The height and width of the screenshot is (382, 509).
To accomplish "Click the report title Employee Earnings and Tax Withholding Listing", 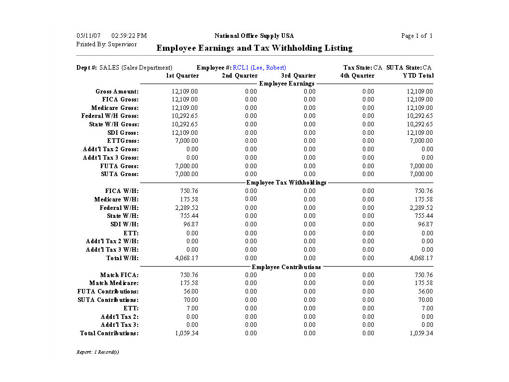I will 254,48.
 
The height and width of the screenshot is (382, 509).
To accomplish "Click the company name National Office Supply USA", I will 254,36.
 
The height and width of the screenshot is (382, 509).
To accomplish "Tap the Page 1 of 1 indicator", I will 417,36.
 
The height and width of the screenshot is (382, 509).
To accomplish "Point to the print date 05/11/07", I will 88,36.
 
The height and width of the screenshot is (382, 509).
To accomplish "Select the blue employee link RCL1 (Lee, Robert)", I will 259,68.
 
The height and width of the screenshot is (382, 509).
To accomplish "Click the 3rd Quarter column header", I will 298,76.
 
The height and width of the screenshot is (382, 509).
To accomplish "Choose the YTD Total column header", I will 418,76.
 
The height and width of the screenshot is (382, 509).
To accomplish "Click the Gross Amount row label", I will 117,92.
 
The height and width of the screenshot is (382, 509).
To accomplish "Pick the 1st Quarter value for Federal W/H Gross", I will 185,116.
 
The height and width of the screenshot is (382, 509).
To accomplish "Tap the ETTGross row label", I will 123,141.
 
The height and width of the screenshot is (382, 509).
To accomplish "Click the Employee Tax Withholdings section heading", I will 286,183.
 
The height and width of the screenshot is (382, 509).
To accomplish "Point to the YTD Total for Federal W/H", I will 421,208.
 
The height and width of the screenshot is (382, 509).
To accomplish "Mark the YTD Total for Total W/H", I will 421,258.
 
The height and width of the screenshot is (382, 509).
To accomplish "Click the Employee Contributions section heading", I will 286,267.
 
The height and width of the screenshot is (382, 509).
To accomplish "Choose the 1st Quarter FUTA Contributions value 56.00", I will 190,291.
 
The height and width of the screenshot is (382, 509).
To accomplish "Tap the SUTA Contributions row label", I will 108,300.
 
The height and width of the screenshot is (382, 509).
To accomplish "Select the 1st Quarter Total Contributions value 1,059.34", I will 186,333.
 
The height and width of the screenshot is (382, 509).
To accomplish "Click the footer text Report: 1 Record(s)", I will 97,352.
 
